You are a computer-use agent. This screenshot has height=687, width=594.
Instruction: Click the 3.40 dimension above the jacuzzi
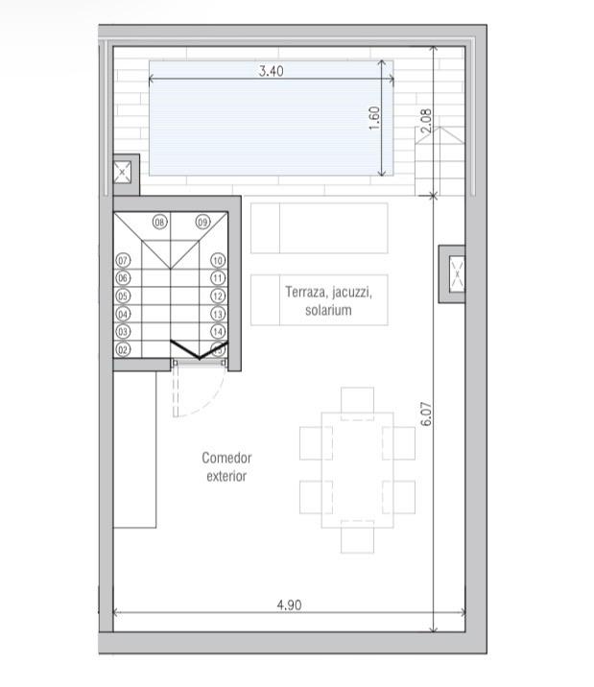tap(271, 70)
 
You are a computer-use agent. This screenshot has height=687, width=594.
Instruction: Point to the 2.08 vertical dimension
tap(427, 121)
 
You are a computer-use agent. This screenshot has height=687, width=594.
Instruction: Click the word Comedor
tap(226, 458)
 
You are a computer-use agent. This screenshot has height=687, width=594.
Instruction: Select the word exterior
tap(226, 475)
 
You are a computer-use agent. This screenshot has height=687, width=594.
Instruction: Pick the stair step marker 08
tap(160, 222)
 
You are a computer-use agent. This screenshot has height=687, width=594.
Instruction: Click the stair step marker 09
tap(202, 222)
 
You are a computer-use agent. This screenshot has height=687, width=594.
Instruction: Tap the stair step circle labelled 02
tap(123, 349)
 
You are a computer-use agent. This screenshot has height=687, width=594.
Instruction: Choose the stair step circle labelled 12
tap(218, 296)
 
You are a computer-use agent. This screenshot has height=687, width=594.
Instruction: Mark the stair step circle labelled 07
tap(123, 260)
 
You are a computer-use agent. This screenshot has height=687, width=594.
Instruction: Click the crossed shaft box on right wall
tap(452, 274)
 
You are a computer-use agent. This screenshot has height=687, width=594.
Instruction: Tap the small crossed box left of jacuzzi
tap(123, 173)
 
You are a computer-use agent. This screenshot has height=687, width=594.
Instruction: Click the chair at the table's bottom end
tap(357, 537)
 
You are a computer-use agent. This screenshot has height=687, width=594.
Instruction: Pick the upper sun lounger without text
tap(319, 227)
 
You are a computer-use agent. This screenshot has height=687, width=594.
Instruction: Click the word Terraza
tap(306, 292)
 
